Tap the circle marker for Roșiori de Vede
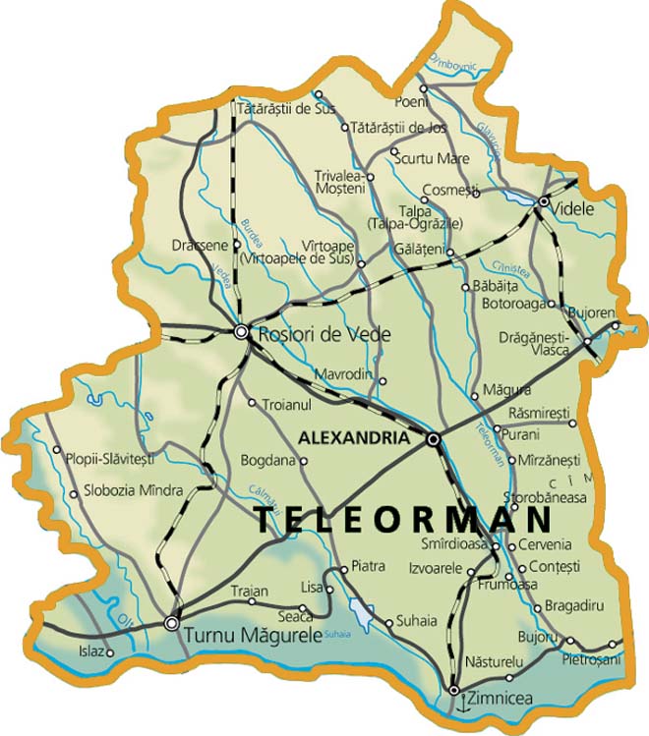coord(242,332)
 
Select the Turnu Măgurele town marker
coord(172,622)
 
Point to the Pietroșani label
coord(592,659)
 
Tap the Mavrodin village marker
coord(383,381)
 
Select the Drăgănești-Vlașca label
coord(541,343)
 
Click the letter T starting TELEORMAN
coord(264,521)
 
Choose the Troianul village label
coord(286,404)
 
